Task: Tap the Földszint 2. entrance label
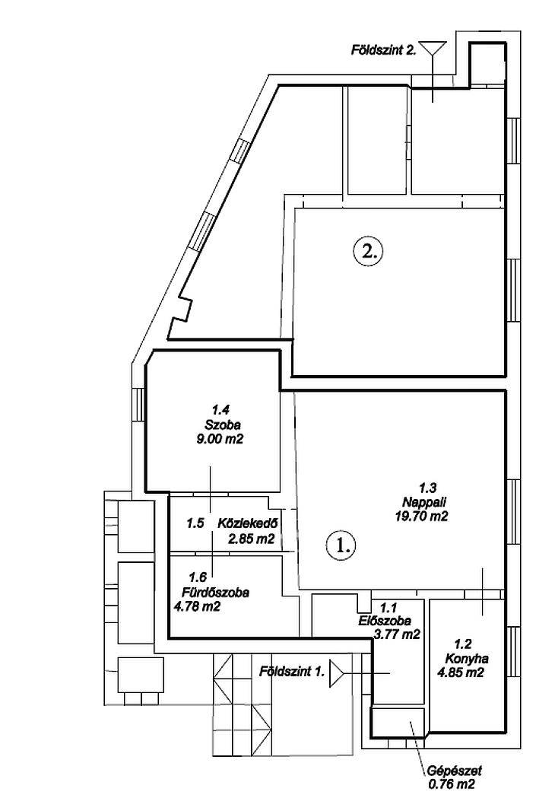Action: point(384,50)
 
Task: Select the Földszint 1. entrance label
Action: point(292,671)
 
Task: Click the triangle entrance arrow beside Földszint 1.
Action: point(337,673)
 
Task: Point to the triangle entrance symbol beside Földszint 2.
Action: point(433,49)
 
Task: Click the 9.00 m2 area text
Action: point(220,438)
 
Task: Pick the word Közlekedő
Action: point(248,523)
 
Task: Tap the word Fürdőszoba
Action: point(216,593)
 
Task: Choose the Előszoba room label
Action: point(385,621)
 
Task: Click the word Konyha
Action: point(467,659)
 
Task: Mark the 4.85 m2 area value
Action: point(461,672)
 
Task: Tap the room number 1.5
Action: point(195,523)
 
